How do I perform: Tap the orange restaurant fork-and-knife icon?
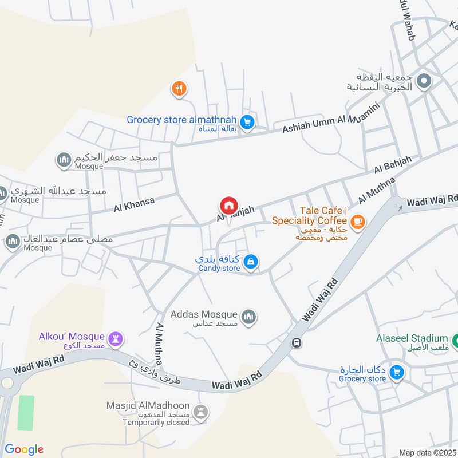(x=179, y=89)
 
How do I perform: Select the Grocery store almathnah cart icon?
(x=247, y=121)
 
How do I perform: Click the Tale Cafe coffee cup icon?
(x=358, y=220)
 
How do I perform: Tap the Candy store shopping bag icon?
(x=250, y=262)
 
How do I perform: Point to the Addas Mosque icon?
(x=248, y=316)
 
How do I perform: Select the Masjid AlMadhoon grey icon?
(x=200, y=410)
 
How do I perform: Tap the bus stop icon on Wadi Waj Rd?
(x=297, y=343)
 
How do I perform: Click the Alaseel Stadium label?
(x=411, y=338)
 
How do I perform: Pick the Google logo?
(x=24, y=449)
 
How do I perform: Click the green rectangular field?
(x=26, y=412)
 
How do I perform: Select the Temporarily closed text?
(x=156, y=423)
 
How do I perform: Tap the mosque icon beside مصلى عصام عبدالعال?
(x=12, y=242)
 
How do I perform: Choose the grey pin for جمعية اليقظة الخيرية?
(x=424, y=81)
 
